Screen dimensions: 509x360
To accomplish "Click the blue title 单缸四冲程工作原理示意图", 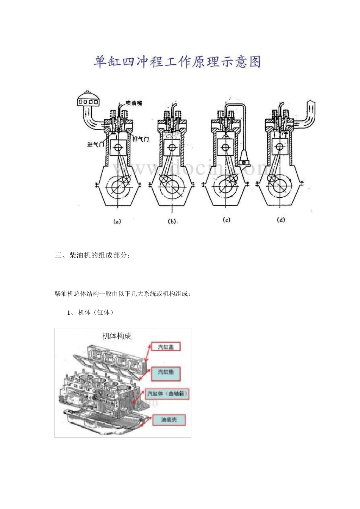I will coord(177,61).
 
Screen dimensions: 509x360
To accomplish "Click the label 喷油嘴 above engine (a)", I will coord(133,103).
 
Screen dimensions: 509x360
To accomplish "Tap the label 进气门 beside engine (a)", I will coord(95,144).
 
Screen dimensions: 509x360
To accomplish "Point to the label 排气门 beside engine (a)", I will coord(141,139).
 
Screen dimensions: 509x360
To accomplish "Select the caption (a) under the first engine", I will coord(117,222).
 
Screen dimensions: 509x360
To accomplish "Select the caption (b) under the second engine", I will coord(172,222).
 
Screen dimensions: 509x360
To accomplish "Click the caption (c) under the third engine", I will coord(226,220).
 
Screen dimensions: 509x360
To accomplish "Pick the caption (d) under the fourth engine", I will coord(281,220).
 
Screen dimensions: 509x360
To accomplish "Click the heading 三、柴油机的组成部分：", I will coord(93,256).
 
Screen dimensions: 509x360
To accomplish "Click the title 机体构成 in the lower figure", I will coord(117,336).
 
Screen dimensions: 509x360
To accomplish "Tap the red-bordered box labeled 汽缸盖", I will coord(166,347).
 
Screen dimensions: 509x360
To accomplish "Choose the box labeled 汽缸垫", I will coord(166,373).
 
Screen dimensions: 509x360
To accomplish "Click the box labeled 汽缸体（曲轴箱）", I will coord(167,394).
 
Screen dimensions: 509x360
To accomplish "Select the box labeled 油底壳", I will coord(169,420).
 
